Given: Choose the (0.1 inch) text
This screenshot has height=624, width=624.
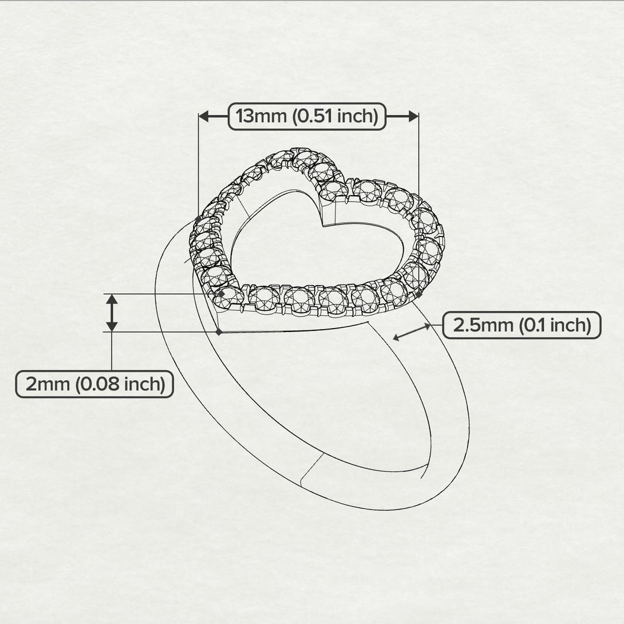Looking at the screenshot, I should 554,325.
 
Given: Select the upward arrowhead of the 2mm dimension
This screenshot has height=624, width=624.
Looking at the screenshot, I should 112,299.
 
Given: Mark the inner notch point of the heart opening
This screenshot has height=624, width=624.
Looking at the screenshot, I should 322,227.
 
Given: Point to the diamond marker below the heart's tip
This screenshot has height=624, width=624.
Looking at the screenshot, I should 219,331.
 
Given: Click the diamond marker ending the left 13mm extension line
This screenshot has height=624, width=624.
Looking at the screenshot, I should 199,219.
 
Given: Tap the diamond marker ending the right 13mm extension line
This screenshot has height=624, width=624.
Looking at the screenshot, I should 419,294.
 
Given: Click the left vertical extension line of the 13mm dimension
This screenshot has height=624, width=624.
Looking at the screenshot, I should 199,166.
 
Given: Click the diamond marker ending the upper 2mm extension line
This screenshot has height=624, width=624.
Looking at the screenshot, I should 221,294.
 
